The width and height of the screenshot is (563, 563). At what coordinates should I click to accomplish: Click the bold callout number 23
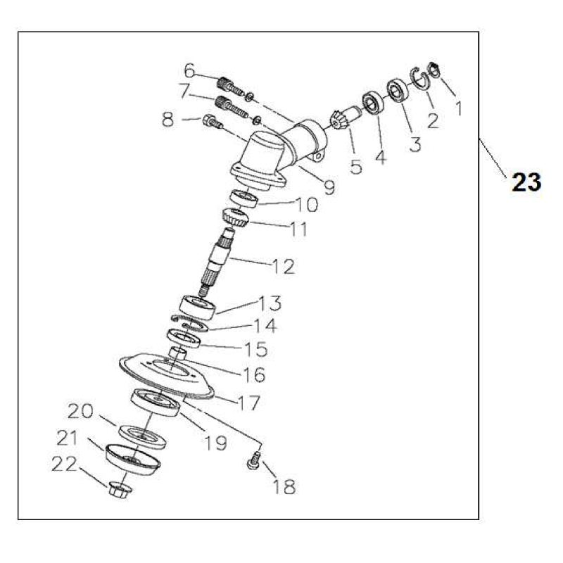[x=526, y=182]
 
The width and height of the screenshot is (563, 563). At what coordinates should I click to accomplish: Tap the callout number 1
[x=459, y=108]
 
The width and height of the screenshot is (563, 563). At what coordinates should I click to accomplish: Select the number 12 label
[x=284, y=267]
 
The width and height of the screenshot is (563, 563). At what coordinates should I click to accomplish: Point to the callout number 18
[x=284, y=487]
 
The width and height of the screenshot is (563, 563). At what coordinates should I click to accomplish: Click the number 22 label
[x=64, y=464]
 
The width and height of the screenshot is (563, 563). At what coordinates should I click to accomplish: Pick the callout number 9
[x=329, y=187]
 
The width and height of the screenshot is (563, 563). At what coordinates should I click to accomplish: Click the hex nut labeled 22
[x=120, y=491]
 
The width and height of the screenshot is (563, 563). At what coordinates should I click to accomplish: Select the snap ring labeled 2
[x=419, y=77]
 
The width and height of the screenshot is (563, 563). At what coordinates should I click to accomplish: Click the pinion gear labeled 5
[x=339, y=120]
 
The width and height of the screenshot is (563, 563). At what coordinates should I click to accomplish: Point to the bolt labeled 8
[x=213, y=122]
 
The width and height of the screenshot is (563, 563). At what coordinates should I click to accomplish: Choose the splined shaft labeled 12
[x=218, y=261]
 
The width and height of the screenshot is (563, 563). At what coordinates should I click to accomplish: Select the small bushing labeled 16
[x=177, y=353]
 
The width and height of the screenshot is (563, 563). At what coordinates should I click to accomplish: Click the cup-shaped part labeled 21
[x=133, y=460]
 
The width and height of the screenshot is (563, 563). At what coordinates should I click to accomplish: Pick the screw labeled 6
[x=232, y=86]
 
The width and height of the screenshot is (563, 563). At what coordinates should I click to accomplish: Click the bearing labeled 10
[x=244, y=199]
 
